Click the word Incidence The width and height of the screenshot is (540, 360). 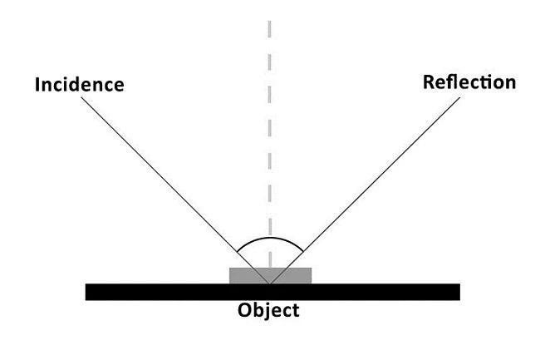(x=79, y=85)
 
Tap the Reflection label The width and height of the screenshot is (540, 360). (x=469, y=82)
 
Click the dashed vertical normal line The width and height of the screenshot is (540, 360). (x=270, y=125)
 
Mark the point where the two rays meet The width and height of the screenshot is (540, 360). (x=270, y=284)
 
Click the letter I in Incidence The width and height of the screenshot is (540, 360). (x=37, y=85)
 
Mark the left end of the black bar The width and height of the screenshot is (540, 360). (x=87, y=292)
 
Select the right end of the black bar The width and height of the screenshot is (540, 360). (x=458, y=292)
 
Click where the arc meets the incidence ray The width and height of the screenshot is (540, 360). (x=238, y=252)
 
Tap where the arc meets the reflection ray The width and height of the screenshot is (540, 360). (x=302, y=252)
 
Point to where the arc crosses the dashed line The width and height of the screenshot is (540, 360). (x=270, y=237)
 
